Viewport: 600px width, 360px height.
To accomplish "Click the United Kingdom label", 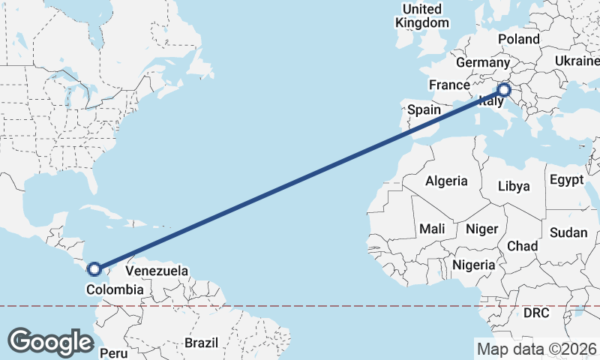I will [422, 16].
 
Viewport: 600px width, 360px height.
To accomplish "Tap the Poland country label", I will [518, 39].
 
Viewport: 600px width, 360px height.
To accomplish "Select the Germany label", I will [482, 62].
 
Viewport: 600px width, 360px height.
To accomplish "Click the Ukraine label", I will [577, 61].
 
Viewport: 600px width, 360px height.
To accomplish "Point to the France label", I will [449, 85].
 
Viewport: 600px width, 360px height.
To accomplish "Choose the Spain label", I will [424, 109].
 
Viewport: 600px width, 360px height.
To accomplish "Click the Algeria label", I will [446, 181].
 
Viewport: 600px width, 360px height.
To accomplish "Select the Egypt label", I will [566, 180].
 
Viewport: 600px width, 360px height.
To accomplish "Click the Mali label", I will [432, 228].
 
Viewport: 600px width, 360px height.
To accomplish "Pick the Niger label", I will [482, 229].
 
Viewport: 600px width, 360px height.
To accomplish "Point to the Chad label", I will [523, 246].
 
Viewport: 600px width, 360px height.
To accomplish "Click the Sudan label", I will [568, 232].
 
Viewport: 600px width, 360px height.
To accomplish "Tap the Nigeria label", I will [474, 265].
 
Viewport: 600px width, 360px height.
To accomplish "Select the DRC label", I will [537, 312].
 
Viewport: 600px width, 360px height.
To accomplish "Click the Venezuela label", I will [157, 270].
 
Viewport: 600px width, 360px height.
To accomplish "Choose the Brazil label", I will [201, 343].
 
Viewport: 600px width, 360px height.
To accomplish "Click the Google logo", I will [50, 342].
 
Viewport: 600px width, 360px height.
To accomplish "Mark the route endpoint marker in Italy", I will [504, 91].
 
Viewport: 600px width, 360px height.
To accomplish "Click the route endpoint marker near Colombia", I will [94, 268].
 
